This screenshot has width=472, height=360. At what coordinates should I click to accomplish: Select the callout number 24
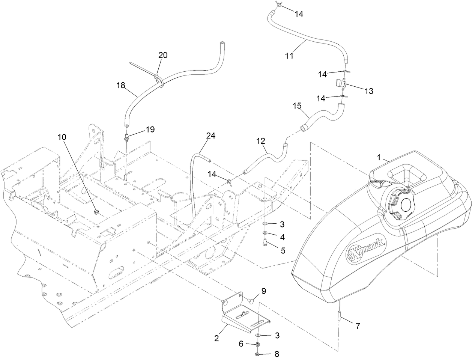tap(210, 136)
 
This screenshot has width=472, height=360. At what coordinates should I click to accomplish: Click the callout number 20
tap(163, 55)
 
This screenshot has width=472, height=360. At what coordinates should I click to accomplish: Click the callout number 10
tap(62, 137)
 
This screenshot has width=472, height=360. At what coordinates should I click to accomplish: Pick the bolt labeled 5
tap(265, 242)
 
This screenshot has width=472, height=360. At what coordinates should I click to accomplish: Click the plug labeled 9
tap(251, 302)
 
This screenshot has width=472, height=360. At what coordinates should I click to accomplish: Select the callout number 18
tap(121, 85)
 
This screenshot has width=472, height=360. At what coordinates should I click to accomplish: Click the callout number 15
tap(297, 106)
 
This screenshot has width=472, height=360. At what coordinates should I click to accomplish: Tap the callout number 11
tap(289, 56)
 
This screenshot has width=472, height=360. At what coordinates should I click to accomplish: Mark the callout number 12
tap(261, 141)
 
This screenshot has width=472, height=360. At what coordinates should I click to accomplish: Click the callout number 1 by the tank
tap(379, 158)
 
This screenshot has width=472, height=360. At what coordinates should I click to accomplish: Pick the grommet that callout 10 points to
tap(96, 212)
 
